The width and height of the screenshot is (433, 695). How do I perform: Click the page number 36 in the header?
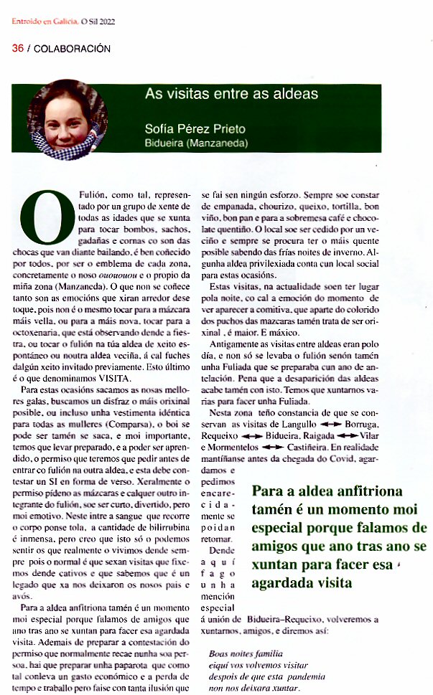click(x=17, y=49)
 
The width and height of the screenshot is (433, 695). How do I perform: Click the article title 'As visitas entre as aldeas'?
click(x=231, y=94)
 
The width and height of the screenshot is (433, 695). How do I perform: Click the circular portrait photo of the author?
click(x=62, y=121)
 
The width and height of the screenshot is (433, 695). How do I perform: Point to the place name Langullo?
click(x=296, y=424)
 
